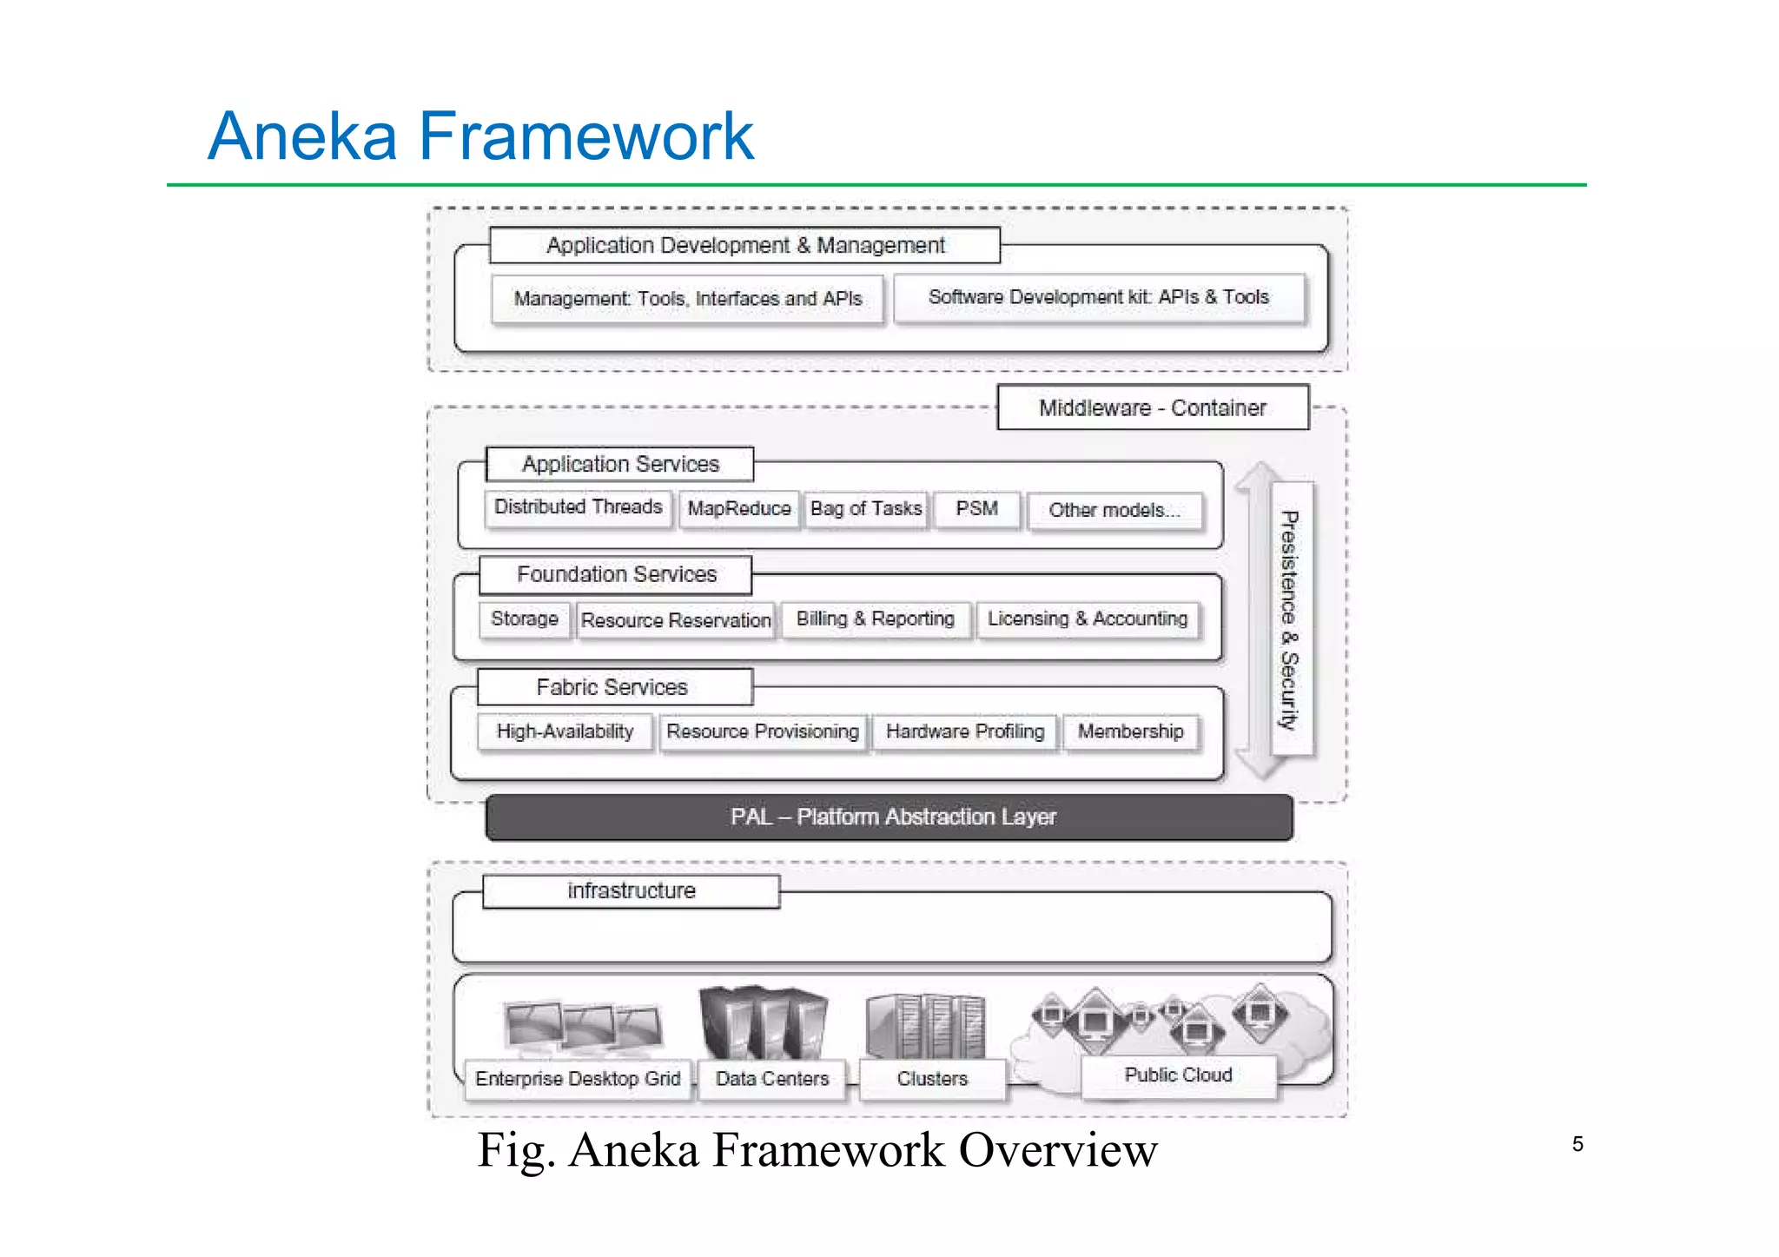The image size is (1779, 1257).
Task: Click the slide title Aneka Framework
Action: (x=480, y=136)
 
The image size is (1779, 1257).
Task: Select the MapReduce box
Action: (x=738, y=509)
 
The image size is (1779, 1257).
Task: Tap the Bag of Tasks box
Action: (x=865, y=509)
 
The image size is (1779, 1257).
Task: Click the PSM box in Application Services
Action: (x=976, y=509)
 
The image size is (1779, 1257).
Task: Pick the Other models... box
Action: (x=1114, y=511)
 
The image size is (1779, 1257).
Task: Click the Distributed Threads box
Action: (x=578, y=507)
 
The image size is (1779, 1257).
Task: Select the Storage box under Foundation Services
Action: (x=525, y=619)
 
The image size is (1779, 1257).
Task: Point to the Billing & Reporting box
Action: (x=875, y=619)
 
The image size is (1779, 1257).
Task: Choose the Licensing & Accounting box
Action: (x=1087, y=619)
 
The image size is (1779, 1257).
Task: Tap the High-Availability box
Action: (x=565, y=732)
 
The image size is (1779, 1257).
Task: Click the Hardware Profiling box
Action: (x=965, y=732)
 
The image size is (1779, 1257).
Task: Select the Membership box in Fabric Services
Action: (x=1130, y=732)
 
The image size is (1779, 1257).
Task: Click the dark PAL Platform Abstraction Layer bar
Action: (x=889, y=817)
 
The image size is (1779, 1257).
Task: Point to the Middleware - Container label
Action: (x=1153, y=407)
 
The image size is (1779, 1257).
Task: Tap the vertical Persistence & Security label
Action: (x=1290, y=619)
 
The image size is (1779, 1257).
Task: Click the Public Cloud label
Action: (x=1178, y=1075)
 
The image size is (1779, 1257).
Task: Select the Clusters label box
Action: (x=932, y=1079)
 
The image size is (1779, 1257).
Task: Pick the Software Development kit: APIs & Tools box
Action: (x=1099, y=298)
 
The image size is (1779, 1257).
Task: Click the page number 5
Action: (x=1577, y=1144)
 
